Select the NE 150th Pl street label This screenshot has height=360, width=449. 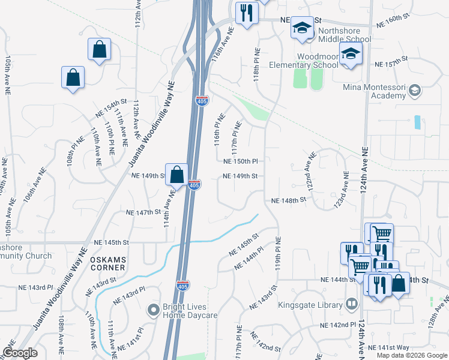click(240, 161)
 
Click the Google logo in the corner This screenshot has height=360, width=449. click(20, 352)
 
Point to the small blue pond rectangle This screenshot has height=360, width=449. click(417, 122)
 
